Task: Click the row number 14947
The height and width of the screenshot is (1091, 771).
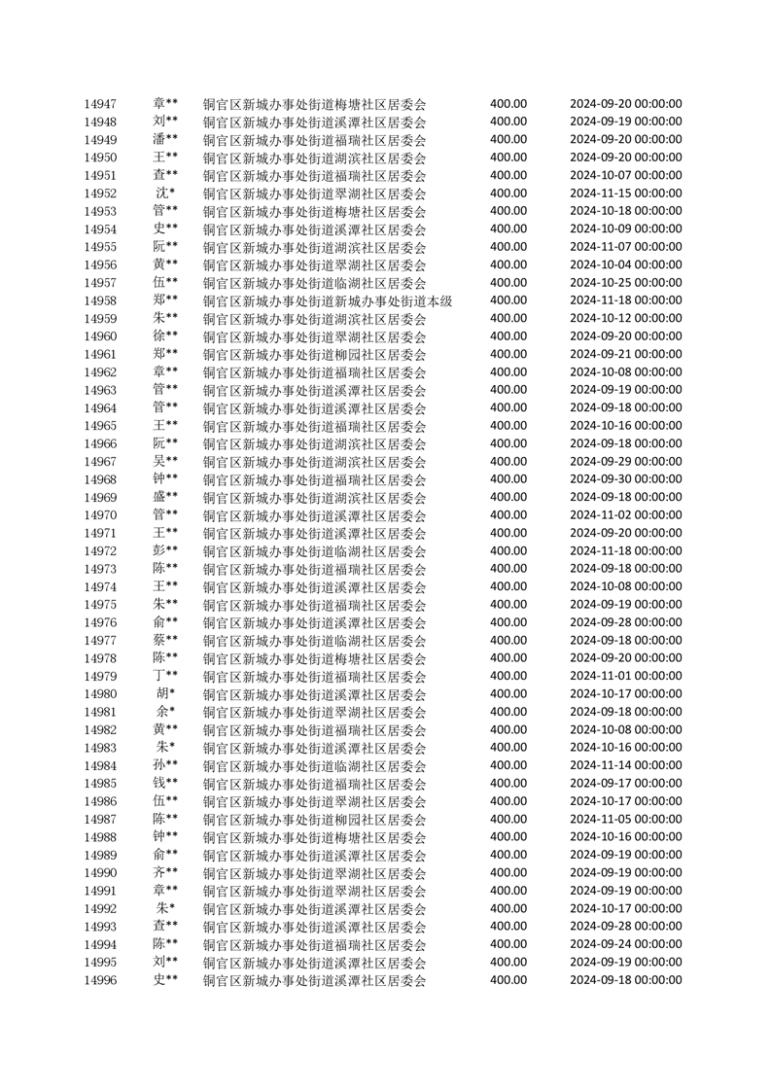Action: (x=100, y=104)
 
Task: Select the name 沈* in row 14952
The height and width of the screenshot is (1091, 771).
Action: (x=165, y=194)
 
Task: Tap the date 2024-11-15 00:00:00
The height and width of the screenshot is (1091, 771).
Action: (x=625, y=194)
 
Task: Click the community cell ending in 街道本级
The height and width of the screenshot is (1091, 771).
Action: (x=328, y=301)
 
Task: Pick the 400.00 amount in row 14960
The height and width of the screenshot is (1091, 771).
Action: (x=508, y=336)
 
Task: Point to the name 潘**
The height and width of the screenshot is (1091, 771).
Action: (x=165, y=139)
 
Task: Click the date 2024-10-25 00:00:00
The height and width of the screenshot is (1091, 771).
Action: (x=625, y=283)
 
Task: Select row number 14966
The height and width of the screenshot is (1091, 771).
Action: (x=100, y=444)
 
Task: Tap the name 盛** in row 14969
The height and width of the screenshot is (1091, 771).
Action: (x=165, y=498)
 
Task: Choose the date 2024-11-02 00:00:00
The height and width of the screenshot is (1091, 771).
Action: (x=625, y=515)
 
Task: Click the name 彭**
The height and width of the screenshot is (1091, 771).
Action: (x=165, y=551)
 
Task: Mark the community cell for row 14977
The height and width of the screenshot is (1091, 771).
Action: (x=314, y=641)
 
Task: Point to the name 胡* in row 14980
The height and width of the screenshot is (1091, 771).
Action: (x=165, y=694)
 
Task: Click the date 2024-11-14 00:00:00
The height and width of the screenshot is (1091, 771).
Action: (x=625, y=766)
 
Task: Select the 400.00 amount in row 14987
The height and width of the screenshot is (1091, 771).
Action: (x=508, y=820)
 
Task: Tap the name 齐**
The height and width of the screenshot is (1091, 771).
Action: (x=165, y=873)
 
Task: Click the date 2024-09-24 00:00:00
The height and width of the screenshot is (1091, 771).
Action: (x=625, y=944)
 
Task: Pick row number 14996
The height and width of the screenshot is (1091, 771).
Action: (x=100, y=980)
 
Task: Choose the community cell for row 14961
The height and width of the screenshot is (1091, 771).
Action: (x=314, y=355)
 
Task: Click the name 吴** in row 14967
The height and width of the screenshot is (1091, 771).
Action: (x=165, y=462)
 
